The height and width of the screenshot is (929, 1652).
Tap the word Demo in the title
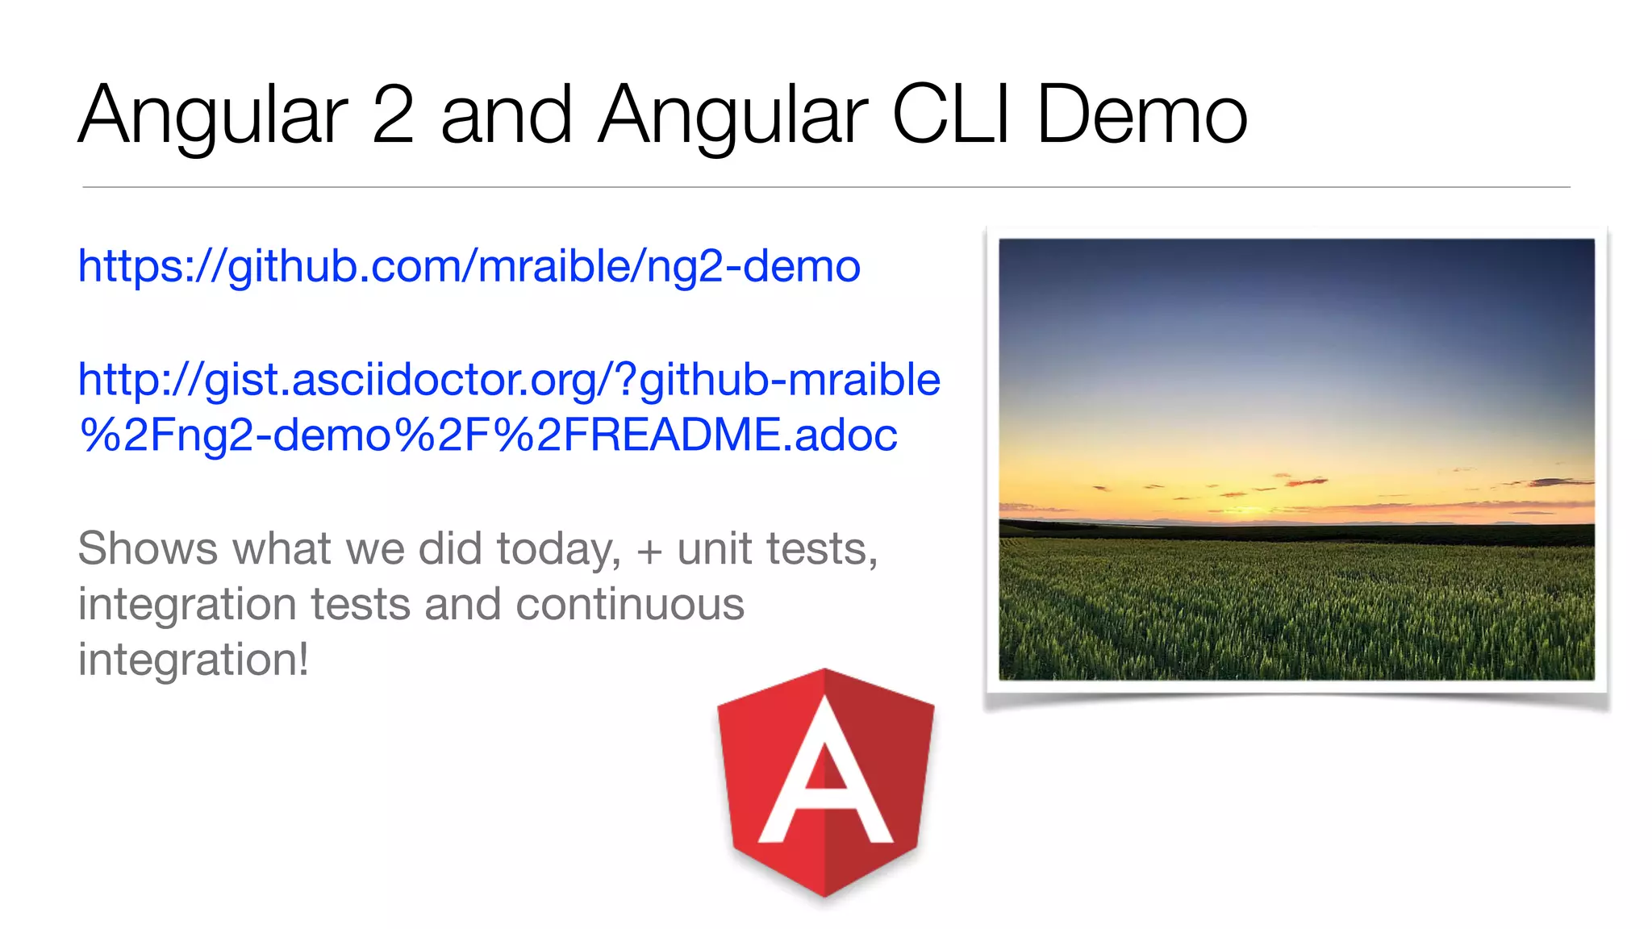click(x=1141, y=115)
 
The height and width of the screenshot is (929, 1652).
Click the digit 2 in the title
click(x=393, y=115)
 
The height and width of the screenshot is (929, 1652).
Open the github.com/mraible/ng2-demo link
click(x=469, y=266)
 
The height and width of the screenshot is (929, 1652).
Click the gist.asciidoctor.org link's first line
click(x=508, y=380)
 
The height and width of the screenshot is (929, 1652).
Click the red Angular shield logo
click(x=825, y=782)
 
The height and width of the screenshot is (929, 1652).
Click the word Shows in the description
click(x=148, y=549)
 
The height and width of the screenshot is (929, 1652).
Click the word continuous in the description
click(x=629, y=605)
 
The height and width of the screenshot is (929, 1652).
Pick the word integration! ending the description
click(x=194, y=660)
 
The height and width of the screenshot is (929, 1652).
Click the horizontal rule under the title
click(x=826, y=187)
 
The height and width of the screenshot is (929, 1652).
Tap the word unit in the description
click(x=714, y=549)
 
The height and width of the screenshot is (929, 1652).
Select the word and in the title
click(x=507, y=115)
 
